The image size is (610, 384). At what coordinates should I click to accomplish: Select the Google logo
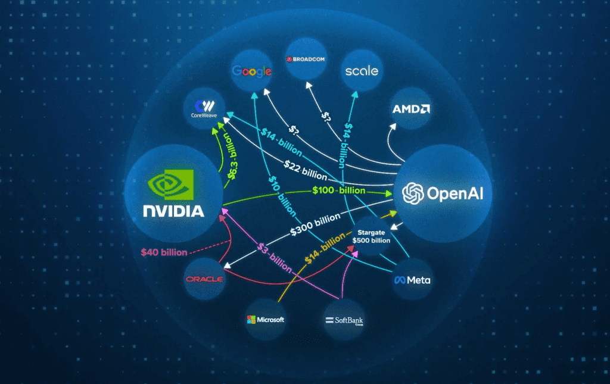tap(252, 71)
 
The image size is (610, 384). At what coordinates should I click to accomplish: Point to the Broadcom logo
tap(306, 60)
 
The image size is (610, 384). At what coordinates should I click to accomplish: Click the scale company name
tap(362, 71)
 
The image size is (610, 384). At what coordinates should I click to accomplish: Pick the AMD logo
tap(412, 109)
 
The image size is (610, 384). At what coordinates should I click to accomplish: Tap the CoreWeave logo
tap(204, 110)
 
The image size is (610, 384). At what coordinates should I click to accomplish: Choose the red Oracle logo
tap(204, 279)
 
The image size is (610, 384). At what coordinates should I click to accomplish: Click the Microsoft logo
tap(266, 320)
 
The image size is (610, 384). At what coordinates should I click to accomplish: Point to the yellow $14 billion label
tap(325, 248)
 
